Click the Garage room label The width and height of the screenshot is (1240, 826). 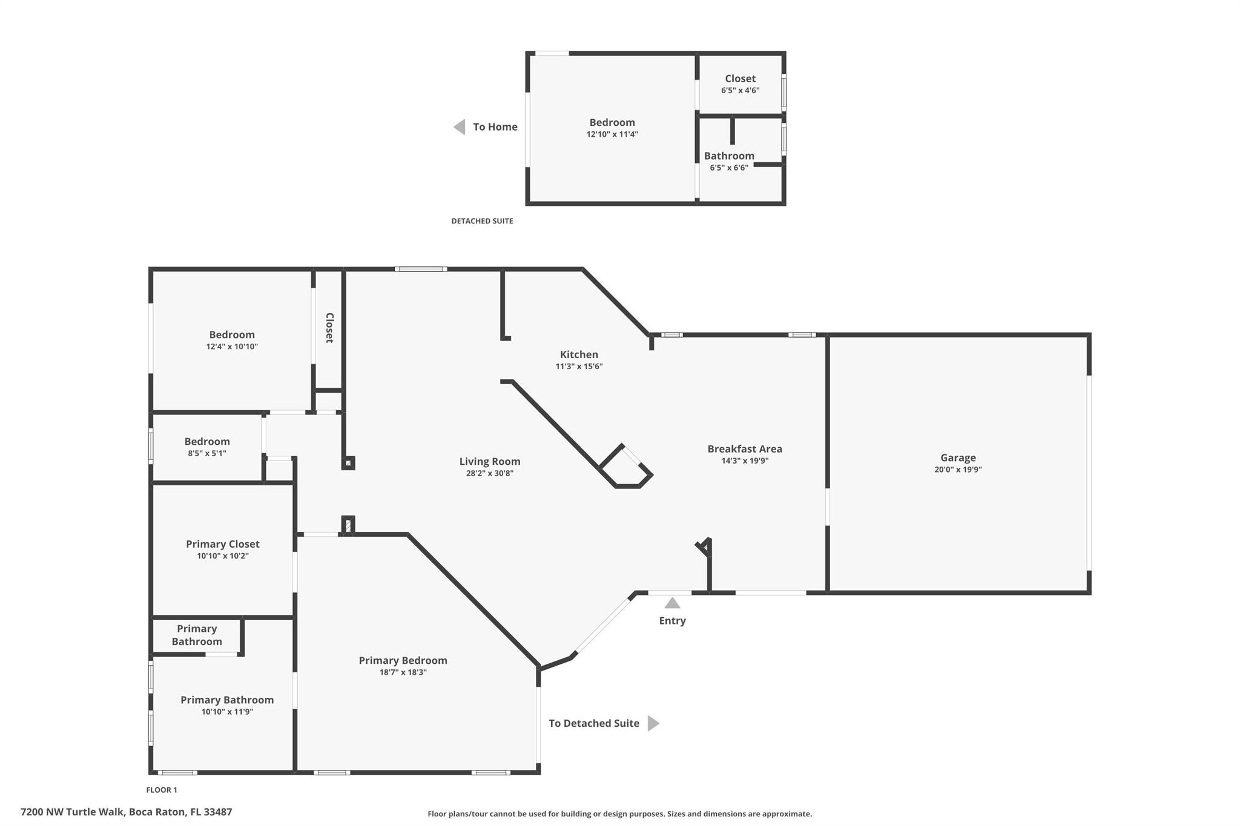pos(958,458)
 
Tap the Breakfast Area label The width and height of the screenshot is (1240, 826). pos(745,449)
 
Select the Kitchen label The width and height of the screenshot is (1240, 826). pos(579,355)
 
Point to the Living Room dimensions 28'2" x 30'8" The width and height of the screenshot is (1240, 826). pos(490,473)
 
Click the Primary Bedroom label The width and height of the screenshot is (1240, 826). pos(403,661)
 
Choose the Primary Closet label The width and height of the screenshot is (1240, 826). pos(223,545)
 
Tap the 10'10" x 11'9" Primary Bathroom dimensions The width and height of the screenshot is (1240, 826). pos(227,712)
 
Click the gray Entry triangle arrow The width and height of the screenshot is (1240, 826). pos(672,603)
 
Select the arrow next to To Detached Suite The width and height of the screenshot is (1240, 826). pos(653,723)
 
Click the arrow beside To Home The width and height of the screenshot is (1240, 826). pos(460,127)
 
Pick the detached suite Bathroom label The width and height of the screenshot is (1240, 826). pos(729,156)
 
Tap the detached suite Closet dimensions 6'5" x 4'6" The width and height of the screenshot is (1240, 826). pos(740,90)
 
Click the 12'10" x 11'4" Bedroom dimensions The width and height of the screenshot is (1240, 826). pos(612,134)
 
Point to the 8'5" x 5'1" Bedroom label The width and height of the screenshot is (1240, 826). pos(207,442)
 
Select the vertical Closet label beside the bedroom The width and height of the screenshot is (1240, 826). pos(330,328)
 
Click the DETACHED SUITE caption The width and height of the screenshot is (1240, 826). pos(482,221)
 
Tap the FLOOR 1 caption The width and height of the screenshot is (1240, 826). pos(162,790)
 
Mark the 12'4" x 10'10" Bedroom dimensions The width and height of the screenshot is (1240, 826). pos(232,347)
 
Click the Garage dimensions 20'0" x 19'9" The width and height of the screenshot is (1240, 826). pos(958,470)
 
